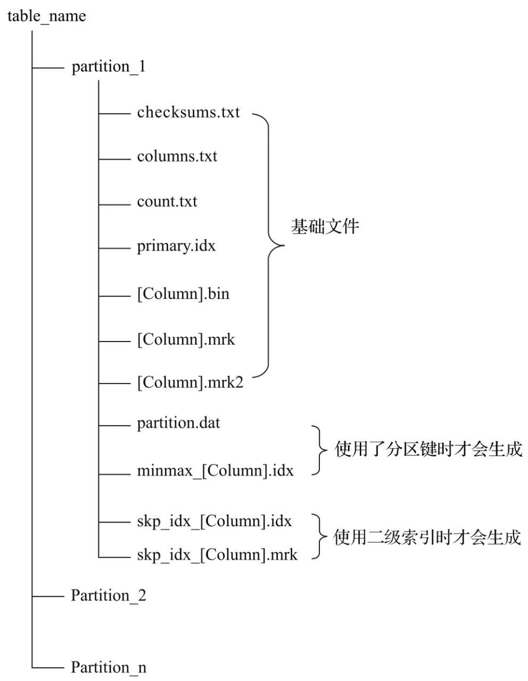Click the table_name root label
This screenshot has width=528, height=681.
tap(46, 16)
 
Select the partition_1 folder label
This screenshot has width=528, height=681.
tap(109, 67)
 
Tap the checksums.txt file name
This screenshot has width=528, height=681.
tap(188, 112)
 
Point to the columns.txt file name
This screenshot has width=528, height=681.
tap(177, 156)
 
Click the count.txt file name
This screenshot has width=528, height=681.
tap(167, 202)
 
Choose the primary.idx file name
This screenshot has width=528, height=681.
tap(176, 246)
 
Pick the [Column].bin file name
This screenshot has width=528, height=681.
tap(183, 294)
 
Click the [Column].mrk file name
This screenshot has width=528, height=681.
tap(186, 339)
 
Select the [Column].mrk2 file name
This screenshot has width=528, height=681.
tap(190, 383)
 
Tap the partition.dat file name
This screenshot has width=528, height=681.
tap(178, 423)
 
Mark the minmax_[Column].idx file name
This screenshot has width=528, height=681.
tap(215, 471)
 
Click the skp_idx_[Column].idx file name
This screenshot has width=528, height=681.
tap(214, 521)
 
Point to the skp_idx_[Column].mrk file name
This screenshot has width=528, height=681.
tap(217, 555)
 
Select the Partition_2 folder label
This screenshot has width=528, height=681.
tap(109, 595)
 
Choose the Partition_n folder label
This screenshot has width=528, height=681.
tap(109, 667)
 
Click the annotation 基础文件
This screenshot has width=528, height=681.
tap(325, 227)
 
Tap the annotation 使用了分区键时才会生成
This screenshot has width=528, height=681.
tap(428, 450)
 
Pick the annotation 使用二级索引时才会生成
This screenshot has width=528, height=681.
tap(427, 537)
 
